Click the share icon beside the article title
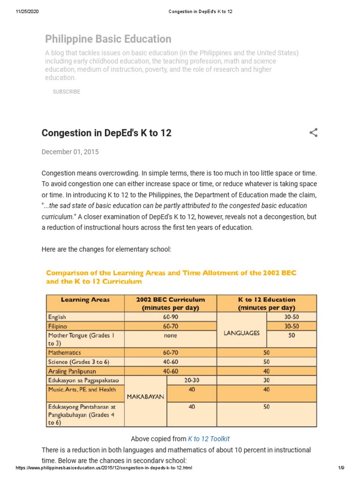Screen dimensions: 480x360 [314, 133]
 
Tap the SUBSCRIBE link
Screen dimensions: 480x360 [66, 92]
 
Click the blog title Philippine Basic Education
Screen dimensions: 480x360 [108, 39]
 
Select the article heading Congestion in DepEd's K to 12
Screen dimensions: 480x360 [106, 133]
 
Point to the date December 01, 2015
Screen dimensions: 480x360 [70, 152]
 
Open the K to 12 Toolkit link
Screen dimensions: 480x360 [209, 439]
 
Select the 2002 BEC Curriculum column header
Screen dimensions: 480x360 [170, 303]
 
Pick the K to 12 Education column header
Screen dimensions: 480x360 [266, 303]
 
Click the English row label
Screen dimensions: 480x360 [58, 317]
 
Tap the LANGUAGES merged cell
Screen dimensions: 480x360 [241, 333]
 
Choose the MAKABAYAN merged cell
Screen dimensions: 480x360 [145, 397]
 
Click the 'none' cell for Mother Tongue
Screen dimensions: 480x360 [170, 336]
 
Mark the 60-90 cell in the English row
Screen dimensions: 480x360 [170, 317]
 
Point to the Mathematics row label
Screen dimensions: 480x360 [65, 352]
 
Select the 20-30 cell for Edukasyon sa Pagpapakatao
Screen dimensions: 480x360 [192, 380]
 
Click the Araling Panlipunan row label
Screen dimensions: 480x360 [70, 371]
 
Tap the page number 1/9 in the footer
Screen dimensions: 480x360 [341, 468]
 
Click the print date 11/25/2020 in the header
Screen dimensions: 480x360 [27, 11]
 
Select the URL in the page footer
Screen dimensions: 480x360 [104, 468]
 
